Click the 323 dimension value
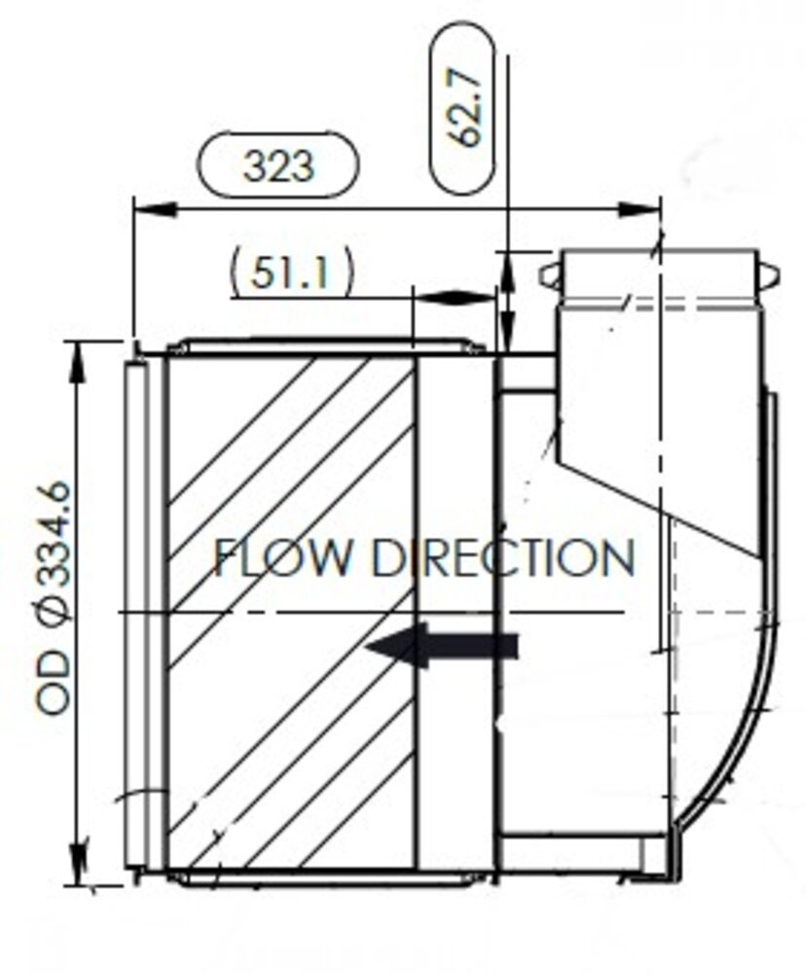[279, 166]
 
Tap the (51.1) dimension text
[291, 274]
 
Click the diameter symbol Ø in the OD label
[55, 612]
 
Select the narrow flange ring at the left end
[136, 614]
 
